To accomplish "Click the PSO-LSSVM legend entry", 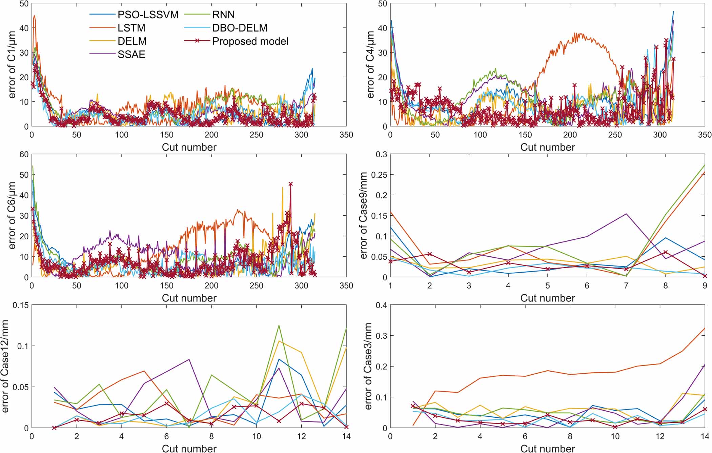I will pos(148,15).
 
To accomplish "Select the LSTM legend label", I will pos(131,28).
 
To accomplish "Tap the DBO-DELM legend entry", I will pos(240,28).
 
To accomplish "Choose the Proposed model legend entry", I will pos(250,41).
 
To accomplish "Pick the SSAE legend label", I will pos(131,55).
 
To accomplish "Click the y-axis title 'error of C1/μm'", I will pos(12,65).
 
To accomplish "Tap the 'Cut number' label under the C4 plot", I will pos(547,147).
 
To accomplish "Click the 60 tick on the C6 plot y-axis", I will pos(24,154).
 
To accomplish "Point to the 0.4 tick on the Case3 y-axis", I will pos(382,305).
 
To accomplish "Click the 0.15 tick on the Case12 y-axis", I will pos(21,305).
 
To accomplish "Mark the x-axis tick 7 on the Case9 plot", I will pos(626,286).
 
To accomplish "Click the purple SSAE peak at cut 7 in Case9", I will pos(626,214).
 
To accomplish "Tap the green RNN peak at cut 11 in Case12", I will pos(279,325).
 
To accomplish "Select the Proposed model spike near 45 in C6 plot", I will pos(290,184).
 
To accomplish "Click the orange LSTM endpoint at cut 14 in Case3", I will pos(705,329).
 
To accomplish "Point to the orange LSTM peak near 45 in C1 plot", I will pos(34,16).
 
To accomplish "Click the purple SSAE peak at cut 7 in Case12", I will pos(189,359).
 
